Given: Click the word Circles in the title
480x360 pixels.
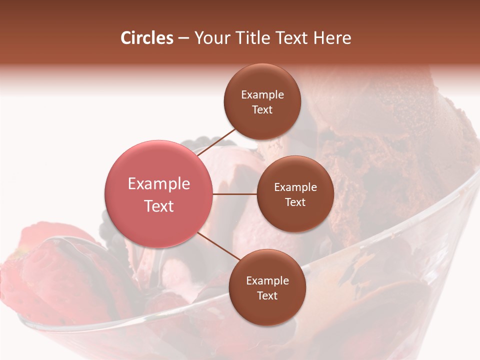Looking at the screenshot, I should [x=146, y=38].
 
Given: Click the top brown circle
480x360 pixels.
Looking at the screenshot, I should [x=262, y=101].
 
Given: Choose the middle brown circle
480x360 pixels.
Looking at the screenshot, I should [x=295, y=194].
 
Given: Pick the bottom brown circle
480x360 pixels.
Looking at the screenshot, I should [x=267, y=287].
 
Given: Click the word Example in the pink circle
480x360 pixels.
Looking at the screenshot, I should [x=158, y=184].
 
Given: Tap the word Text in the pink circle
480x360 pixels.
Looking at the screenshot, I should [x=158, y=206].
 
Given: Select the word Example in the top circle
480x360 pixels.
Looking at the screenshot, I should [x=262, y=94].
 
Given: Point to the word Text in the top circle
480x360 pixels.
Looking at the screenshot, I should [x=262, y=109].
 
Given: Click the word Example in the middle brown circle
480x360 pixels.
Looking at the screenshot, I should [x=295, y=187].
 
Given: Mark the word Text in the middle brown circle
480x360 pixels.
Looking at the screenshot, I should [x=295, y=202].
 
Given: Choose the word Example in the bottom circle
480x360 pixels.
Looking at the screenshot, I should [x=267, y=280].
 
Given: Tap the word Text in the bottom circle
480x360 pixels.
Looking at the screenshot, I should [x=267, y=295].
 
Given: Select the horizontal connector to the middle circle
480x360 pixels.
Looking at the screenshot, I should [x=234, y=193].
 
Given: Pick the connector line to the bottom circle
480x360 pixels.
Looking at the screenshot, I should [x=217, y=246].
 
